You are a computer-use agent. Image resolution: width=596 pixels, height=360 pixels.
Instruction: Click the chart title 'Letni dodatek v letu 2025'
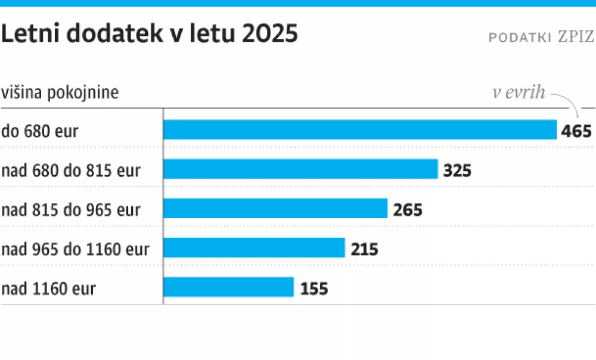(149, 35)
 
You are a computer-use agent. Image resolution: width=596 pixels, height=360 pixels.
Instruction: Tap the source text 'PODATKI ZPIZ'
(541, 37)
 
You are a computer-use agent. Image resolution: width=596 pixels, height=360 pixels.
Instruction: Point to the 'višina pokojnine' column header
(60, 93)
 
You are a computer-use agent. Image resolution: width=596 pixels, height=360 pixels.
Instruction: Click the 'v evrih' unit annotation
(519, 92)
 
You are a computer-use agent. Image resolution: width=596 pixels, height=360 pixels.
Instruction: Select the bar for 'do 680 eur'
(360, 130)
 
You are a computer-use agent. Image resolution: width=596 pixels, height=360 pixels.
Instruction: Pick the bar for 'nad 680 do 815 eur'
(301, 170)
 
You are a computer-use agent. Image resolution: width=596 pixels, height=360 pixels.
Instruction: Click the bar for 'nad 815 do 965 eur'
(276, 209)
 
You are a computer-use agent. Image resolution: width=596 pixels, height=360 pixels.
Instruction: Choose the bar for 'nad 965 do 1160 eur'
(254, 248)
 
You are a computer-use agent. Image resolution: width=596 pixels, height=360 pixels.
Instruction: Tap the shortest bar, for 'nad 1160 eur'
(229, 287)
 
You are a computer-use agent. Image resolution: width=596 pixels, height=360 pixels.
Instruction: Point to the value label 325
(457, 171)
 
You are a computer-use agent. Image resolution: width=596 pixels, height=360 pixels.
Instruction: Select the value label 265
(408, 210)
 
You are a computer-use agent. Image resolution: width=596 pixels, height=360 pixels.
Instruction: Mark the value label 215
(364, 249)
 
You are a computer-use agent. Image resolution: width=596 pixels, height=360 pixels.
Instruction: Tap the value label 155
(313, 289)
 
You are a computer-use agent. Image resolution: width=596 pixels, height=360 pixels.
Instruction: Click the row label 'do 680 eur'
(40, 131)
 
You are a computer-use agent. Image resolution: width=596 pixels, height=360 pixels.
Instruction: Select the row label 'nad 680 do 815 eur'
(71, 170)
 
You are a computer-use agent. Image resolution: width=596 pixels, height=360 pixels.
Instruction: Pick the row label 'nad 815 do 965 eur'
(71, 210)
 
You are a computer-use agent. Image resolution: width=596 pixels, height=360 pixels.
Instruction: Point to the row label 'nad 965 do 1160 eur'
(75, 249)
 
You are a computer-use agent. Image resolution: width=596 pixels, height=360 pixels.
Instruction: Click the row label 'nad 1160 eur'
(49, 289)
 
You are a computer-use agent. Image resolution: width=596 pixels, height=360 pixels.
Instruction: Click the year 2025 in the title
(270, 35)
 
